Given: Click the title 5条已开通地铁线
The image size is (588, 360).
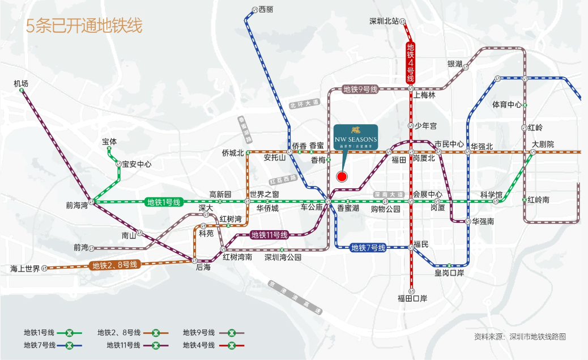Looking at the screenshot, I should pos(84,26).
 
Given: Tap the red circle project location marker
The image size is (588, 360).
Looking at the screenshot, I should pos(342,176).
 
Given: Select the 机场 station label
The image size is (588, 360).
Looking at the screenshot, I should pos(21,84).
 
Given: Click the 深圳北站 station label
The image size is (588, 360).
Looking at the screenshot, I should pos(385,22).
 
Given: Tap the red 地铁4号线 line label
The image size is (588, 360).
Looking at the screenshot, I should pos(411,63).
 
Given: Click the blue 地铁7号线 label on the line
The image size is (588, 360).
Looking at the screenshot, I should pos(368,247).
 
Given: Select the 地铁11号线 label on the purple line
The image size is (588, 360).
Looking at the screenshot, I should pos(269,235).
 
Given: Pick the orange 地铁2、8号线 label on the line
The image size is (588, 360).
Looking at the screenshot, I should pos(115,265).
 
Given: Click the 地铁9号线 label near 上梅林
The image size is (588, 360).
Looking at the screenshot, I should pos(360,89).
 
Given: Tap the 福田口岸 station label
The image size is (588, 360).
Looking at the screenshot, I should pos(412,298).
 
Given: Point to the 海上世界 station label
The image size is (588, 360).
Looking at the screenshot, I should pos(25,269).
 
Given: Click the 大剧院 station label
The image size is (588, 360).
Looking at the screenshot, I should pos(542,145).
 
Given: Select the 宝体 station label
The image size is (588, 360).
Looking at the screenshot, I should pos(109,142).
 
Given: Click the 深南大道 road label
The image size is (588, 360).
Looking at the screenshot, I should pos(389,194).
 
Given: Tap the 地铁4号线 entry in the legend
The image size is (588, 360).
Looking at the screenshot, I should pos(198,345).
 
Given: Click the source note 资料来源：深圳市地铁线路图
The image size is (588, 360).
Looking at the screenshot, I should pos(519,337).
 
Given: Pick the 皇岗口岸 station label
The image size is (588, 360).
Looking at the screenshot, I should pos(449,273).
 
